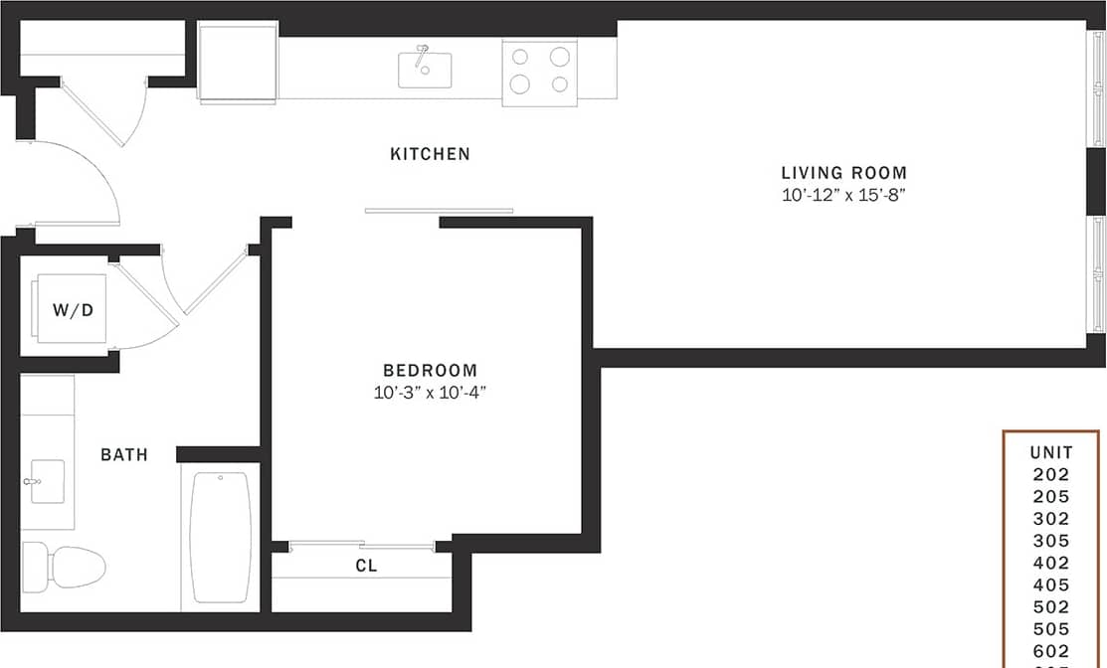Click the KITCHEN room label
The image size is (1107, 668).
[x=430, y=154]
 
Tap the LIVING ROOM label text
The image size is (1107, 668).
[x=843, y=173]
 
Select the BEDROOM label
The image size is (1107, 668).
[x=431, y=371]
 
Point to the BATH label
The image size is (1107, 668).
[x=124, y=454]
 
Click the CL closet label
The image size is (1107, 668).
[x=366, y=567]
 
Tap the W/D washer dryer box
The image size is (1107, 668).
[x=72, y=309]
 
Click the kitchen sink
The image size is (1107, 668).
[x=425, y=70]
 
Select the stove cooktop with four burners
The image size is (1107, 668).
[x=539, y=69]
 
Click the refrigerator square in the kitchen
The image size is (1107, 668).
[x=238, y=63]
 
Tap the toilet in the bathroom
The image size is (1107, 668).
[x=64, y=566]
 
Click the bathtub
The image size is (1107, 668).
[x=220, y=537]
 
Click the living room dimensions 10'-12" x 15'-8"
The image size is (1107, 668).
[x=843, y=196]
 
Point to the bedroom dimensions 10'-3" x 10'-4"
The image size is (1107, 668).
[x=431, y=393]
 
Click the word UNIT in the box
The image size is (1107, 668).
[x=1051, y=452]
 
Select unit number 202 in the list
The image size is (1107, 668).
[x=1051, y=474]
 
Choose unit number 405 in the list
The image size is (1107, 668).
[x=1051, y=584]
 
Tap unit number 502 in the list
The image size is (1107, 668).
[x=1051, y=606]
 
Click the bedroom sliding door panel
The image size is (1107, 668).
[x=439, y=211]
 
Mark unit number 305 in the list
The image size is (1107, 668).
[x=1051, y=541]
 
